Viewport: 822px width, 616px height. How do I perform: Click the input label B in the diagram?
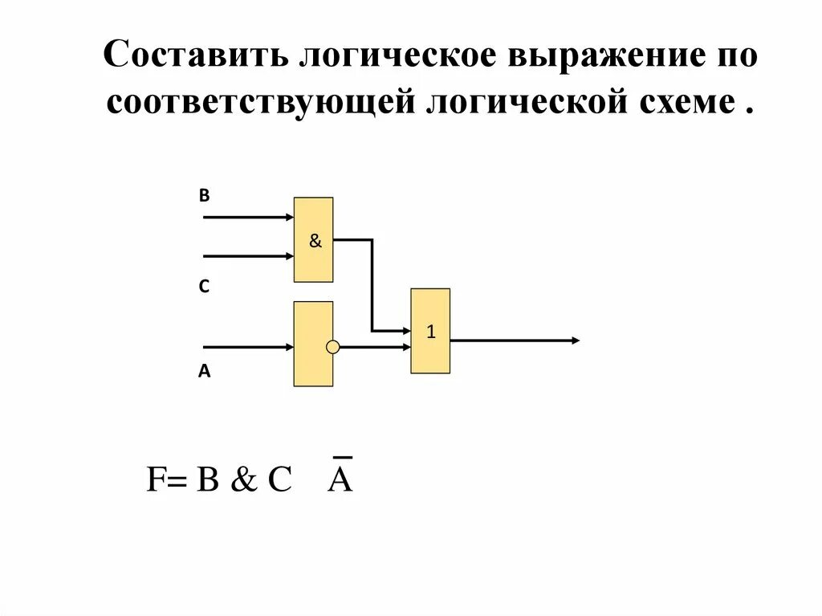(x=204, y=194)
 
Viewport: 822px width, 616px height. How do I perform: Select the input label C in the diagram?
(x=205, y=287)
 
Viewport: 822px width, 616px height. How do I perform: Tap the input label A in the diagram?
(x=205, y=372)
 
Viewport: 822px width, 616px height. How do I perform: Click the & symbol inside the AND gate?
(x=315, y=241)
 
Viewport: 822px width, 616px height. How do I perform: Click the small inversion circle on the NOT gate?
(x=332, y=347)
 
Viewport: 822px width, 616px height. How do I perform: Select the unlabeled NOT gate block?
(x=312, y=344)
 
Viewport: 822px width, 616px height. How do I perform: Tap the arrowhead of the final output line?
(x=575, y=341)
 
